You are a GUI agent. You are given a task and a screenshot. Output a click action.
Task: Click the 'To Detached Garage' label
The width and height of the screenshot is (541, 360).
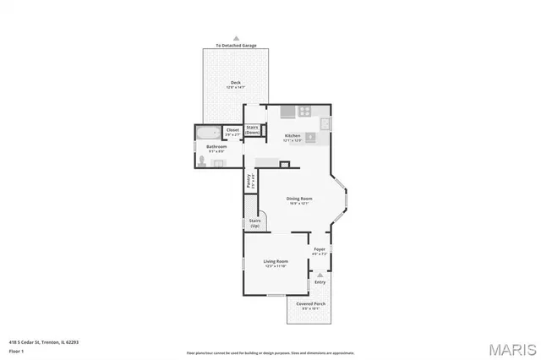(236, 46)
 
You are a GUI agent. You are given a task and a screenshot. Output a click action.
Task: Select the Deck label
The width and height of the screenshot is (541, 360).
(235, 83)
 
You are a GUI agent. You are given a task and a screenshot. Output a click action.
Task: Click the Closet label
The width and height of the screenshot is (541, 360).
(233, 131)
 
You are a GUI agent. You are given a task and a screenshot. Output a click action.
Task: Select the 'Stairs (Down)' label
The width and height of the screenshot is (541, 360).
(252, 129)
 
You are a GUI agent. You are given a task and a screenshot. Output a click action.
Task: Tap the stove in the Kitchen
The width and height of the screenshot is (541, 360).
(303, 111)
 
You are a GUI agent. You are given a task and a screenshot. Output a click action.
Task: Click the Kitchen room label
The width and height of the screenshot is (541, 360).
(292, 136)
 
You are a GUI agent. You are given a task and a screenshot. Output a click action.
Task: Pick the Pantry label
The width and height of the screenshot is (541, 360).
(249, 180)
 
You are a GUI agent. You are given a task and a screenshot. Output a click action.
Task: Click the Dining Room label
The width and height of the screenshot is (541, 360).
(299, 199)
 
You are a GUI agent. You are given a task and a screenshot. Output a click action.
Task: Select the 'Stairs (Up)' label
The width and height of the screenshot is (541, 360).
(254, 222)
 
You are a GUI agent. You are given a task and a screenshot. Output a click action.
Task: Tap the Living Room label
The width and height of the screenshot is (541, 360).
(276, 262)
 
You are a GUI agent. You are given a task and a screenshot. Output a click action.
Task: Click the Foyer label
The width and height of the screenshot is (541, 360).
(320, 249)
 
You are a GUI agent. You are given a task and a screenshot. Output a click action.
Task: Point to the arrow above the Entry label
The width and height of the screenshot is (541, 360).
(320, 275)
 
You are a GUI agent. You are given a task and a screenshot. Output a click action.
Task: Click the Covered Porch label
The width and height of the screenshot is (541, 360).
(311, 304)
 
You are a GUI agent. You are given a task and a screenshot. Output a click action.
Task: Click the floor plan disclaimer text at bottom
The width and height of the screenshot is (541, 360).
(270, 352)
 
